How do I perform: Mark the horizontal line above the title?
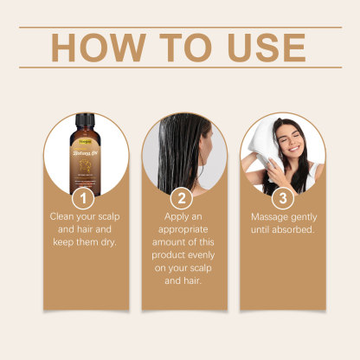pyautogui.click(x=180, y=27)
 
